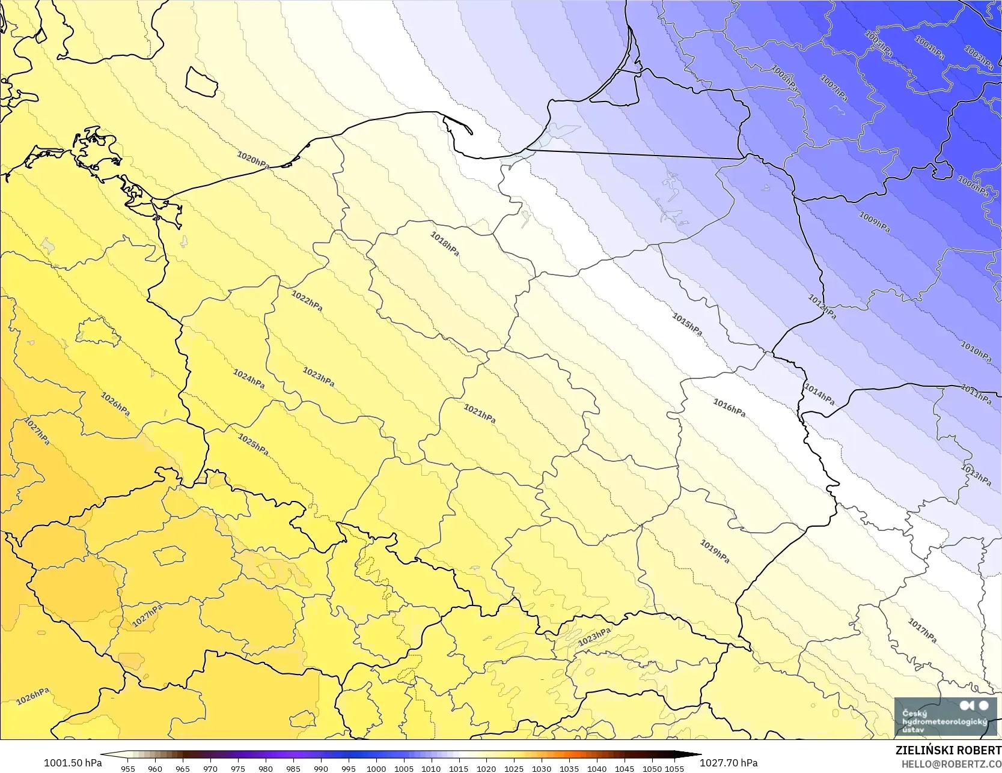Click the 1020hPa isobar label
point(253,160)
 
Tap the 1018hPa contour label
point(445,244)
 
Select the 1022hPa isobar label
point(307,301)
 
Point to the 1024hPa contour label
point(249,378)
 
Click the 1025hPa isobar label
point(253,444)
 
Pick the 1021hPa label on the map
point(480,413)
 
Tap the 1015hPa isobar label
point(687,324)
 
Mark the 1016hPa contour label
point(729,408)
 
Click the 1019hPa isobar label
point(715,551)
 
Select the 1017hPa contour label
point(922,631)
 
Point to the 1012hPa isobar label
point(822,307)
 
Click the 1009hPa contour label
point(875,222)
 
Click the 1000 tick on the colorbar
point(376,768)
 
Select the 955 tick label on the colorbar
point(128,768)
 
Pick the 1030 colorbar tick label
point(542,768)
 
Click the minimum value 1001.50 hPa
point(73,763)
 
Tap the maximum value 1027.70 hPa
point(729,763)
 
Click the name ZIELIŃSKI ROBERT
point(948,751)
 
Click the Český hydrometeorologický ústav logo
point(944,718)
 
